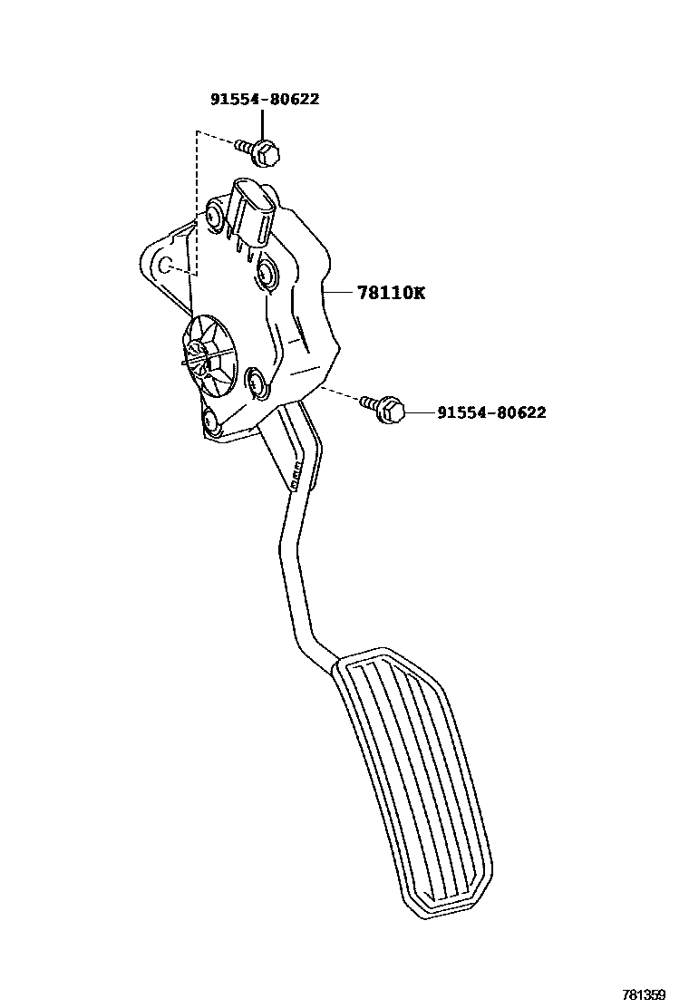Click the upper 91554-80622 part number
click(265, 100)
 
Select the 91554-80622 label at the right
click(491, 412)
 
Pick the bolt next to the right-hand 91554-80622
click(383, 409)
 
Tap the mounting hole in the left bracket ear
click(165, 264)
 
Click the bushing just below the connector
click(267, 272)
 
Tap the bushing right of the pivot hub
click(256, 383)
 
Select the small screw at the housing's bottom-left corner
click(211, 422)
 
